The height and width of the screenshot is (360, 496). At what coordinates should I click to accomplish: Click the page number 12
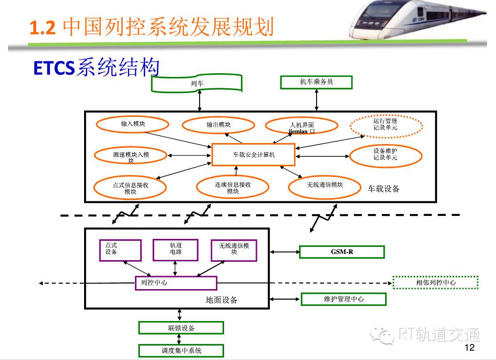(469, 347)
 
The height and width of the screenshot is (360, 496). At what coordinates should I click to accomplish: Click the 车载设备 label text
(383, 189)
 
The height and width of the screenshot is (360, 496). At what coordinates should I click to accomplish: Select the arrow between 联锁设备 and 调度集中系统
(179, 339)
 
